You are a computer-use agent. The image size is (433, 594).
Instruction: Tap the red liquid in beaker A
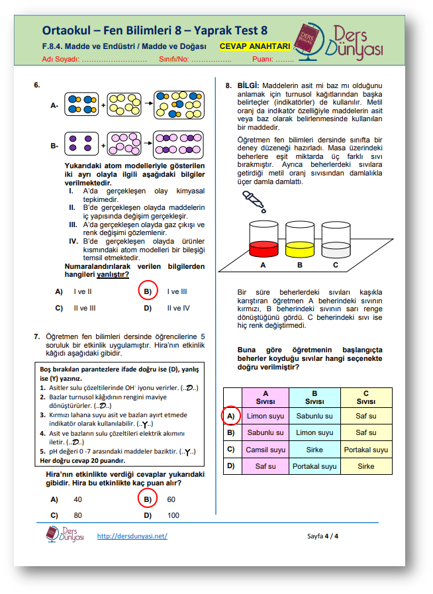(x=263, y=249)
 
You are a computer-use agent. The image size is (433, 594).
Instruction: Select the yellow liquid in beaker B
(x=299, y=249)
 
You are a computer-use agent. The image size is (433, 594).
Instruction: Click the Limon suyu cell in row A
(x=265, y=416)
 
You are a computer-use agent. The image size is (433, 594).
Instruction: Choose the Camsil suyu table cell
(x=265, y=450)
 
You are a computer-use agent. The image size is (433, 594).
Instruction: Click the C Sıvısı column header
(x=366, y=397)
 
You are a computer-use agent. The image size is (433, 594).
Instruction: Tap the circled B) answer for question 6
(x=148, y=291)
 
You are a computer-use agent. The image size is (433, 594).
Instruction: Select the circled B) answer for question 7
(x=148, y=499)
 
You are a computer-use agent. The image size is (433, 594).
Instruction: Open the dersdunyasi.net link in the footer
(x=132, y=536)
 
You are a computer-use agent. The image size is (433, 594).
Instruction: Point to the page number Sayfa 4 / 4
(x=322, y=536)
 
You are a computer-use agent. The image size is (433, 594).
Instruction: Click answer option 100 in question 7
(x=173, y=515)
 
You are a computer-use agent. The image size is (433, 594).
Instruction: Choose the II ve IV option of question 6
(x=178, y=308)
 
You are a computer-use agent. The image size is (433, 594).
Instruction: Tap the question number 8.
(x=228, y=85)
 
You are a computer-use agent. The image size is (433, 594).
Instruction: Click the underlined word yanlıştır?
(x=113, y=274)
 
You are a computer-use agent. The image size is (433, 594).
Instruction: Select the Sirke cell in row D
(x=366, y=466)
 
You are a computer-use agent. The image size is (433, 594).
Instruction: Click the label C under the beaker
(x=336, y=265)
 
